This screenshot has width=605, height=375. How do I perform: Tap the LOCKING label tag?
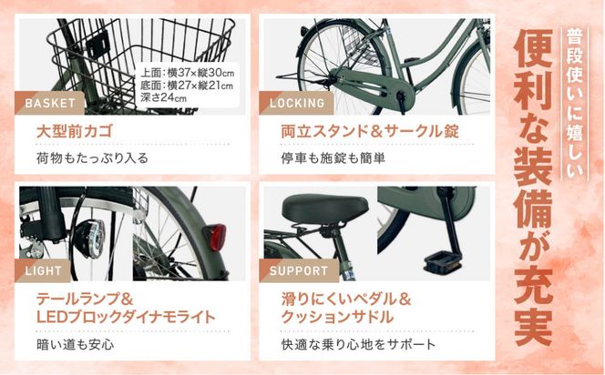tap(296, 102)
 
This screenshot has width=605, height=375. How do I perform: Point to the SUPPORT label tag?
tap(298, 270)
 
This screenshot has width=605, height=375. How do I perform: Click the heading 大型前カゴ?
tap(74, 131)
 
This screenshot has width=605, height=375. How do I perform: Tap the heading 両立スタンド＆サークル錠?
tap(369, 131)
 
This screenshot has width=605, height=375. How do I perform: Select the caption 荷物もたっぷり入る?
tap(92, 157)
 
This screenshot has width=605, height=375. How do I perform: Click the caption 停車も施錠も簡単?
tap(333, 157)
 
